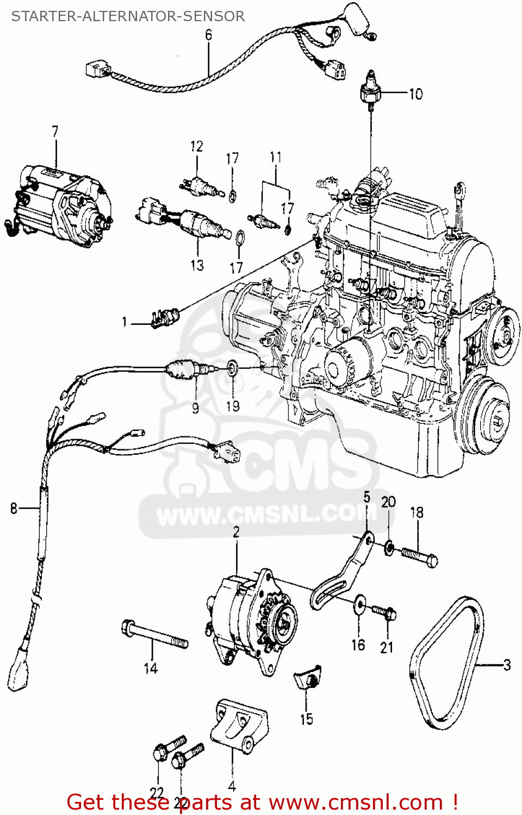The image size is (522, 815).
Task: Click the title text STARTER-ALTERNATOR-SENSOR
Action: [128, 16]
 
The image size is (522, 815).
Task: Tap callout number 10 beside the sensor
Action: [416, 94]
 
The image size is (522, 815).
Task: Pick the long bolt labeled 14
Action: [154, 636]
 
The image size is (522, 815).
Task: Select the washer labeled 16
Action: [359, 604]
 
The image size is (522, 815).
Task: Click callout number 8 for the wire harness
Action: [14, 509]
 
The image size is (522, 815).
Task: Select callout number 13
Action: [197, 265]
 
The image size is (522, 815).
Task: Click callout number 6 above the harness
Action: [209, 35]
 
